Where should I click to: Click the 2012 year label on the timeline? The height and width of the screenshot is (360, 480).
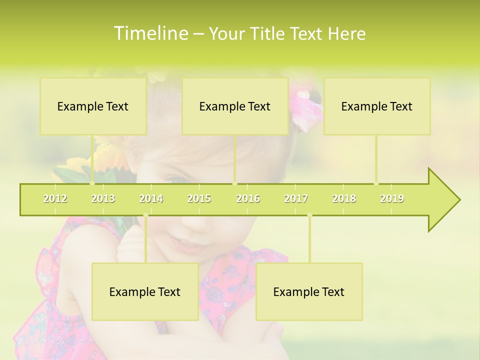(55, 198)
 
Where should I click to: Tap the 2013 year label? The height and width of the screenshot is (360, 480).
(103, 198)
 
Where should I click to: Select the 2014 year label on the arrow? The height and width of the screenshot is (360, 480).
(151, 198)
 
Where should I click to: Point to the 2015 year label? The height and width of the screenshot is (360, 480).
(199, 198)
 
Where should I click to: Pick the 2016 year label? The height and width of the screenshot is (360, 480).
(248, 198)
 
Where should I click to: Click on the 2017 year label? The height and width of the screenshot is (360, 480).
(296, 198)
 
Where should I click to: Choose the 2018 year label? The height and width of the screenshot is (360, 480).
(344, 198)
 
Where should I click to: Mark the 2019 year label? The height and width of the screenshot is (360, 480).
(392, 198)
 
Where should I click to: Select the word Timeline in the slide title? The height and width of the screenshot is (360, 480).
(150, 33)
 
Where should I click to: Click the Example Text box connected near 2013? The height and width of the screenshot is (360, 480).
(93, 106)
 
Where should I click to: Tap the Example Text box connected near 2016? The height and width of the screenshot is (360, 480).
(235, 106)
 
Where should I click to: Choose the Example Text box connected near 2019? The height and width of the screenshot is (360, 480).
(377, 106)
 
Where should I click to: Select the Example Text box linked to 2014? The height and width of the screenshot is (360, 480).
(145, 292)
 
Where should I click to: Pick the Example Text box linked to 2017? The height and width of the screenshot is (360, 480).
(309, 292)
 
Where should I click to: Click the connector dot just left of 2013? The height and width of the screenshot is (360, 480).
(92, 183)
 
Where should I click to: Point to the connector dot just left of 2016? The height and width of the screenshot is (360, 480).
(234, 183)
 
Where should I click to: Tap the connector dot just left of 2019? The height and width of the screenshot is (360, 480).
(376, 183)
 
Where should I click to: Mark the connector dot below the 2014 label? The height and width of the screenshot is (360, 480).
(145, 215)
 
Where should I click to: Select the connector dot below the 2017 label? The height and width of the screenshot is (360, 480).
(309, 215)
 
